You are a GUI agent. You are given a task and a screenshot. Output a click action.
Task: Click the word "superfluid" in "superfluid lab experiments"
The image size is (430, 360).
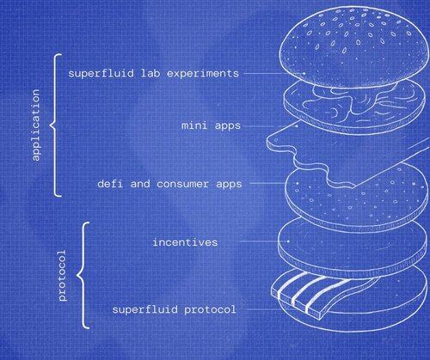point(101,74)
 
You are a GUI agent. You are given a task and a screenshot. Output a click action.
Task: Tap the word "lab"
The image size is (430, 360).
point(150,73)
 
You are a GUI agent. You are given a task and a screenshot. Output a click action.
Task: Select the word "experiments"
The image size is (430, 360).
point(203,74)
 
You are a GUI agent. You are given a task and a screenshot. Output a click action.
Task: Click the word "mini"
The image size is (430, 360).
point(194,125)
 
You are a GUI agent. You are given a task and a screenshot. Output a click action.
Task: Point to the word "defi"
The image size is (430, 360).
point(110,183)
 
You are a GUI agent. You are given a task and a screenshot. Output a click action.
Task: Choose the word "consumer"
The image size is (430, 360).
point(182,184)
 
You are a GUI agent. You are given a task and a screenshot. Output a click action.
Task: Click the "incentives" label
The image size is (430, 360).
point(185,242)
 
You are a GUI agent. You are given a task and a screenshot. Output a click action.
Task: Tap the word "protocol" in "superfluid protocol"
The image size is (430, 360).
point(210,310)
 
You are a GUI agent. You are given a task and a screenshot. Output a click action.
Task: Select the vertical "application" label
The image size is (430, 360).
point(35,125)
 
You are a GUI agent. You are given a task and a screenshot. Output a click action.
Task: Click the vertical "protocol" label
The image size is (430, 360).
point(62,276)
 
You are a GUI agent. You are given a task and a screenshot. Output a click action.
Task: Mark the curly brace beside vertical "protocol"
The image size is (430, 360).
point(82,276)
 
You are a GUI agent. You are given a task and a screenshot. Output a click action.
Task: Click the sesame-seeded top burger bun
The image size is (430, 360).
point(353,46)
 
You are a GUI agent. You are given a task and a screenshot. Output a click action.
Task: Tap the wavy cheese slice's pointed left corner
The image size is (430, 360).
point(268,140)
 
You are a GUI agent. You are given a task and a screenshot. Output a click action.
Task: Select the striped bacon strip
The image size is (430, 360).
point(318,295)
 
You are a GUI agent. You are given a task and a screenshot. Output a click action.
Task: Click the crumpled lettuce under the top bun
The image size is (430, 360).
point(355,101)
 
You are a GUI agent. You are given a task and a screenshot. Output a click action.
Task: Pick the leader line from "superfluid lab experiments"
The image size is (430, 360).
point(273,74)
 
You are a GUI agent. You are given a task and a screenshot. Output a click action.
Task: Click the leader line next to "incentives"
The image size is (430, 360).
point(264,241)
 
